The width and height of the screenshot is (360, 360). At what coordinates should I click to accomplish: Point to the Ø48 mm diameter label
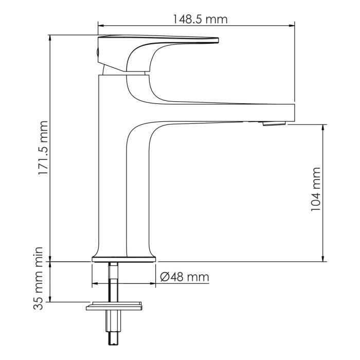coord(184,277)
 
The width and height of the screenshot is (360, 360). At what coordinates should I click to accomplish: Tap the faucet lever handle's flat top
coord(159,39)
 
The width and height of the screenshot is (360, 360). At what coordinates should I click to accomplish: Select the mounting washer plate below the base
coord(114,307)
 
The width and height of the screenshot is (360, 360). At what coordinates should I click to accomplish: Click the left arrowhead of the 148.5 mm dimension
coord(101,25)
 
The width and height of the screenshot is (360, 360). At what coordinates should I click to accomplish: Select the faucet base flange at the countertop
coord(123,258)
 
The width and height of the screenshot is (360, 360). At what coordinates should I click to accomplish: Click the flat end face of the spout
coord(293,112)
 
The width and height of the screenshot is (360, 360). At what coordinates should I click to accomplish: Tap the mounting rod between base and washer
coord(113,280)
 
